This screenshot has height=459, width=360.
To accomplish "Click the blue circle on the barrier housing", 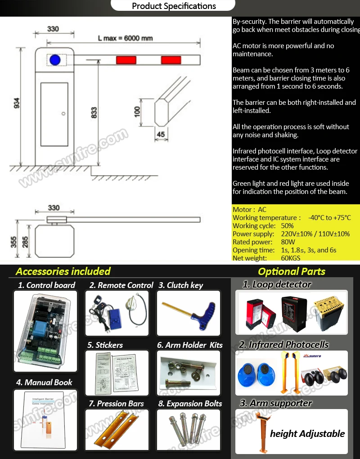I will (x=55, y=59).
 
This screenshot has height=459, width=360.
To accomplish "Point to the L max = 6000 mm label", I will (x=125, y=38).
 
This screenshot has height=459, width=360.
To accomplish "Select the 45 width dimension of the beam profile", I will (x=161, y=134).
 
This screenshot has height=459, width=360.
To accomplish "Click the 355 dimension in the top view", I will (x=13, y=241).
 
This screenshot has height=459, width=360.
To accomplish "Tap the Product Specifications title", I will (x=174, y=6).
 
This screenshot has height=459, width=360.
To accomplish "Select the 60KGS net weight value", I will (x=291, y=258).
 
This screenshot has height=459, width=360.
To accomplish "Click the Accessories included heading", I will (x=63, y=271).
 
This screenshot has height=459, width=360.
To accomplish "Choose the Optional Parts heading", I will (x=291, y=271).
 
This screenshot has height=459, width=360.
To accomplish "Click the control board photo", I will (x=45, y=331).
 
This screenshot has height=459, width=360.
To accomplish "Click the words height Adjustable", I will (x=307, y=434).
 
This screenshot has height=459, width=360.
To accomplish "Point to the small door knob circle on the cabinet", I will (x=64, y=113).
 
